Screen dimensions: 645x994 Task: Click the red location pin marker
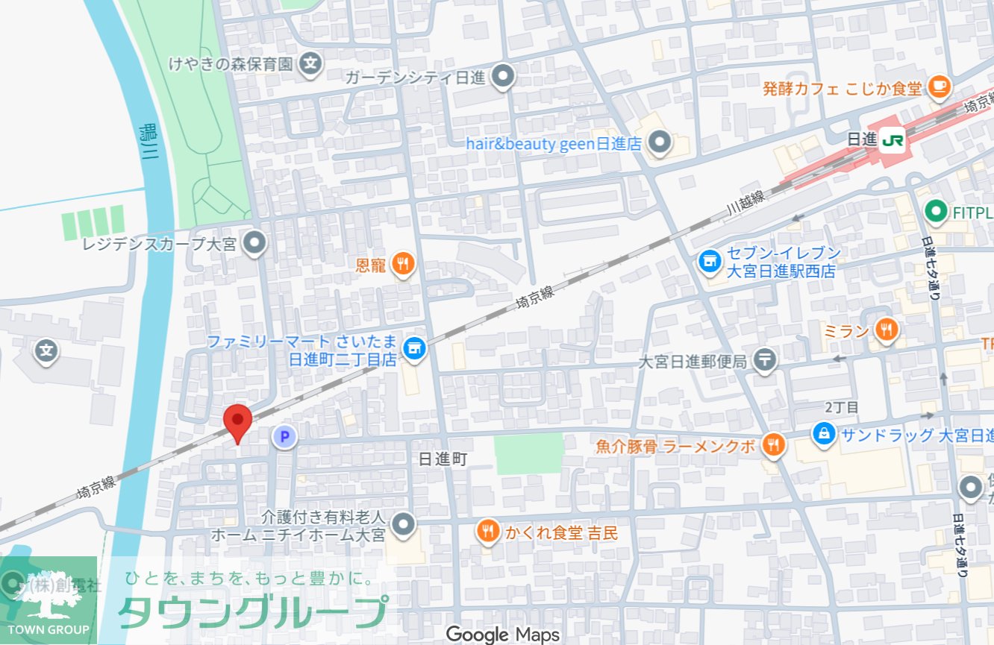[x=237, y=422]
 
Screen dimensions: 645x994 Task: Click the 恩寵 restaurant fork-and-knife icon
[x=403, y=263]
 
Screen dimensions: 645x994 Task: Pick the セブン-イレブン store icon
[x=707, y=261]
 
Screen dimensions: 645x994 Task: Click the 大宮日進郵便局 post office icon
[x=765, y=361]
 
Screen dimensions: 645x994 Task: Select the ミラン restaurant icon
[x=886, y=330]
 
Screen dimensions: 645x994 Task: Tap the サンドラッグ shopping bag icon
[x=824, y=433]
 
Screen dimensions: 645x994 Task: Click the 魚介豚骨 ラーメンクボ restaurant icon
[x=774, y=445]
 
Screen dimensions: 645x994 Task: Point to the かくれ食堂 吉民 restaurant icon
[x=487, y=532]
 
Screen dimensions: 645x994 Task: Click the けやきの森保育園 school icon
[x=311, y=65]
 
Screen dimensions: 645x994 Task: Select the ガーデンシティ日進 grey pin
[x=504, y=75]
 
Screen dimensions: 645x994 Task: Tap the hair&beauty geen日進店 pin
[x=659, y=142]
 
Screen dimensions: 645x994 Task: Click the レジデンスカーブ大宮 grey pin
[x=256, y=242]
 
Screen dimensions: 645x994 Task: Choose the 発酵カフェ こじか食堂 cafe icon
[x=940, y=88]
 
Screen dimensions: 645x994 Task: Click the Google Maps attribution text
[x=502, y=635]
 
